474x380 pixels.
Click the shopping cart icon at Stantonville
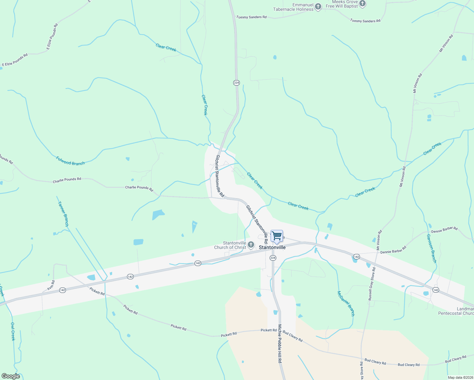pyautogui.click(x=277, y=236)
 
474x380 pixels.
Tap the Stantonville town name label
pyautogui.click(x=272, y=247)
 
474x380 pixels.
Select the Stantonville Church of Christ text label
pyautogui.click(x=230, y=245)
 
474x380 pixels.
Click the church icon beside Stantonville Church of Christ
pyautogui.click(x=251, y=244)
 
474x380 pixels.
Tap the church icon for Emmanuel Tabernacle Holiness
pyautogui.click(x=318, y=7)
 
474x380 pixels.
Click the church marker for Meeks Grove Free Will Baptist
pyautogui.click(x=362, y=4)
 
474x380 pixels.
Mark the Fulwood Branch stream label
pyautogui.click(x=70, y=161)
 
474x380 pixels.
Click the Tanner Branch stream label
pyautogui.click(x=63, y=214)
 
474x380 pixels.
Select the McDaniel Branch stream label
pyautogui.click(x=346, y=303)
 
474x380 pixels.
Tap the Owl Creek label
pyautogui.click(x=13, y=331)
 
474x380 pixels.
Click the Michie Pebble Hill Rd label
pyautogui.click(x=280, y=344)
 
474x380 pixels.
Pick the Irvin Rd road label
pyautogui.click(x=51, y=285)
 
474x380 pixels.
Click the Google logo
pyautogui.click(x=10, y=376)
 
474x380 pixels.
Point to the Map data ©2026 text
pyautogui.click(x=460, y=377)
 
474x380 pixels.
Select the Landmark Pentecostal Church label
pyautogui.click(x=456, y=311)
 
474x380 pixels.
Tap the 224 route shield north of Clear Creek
pyautogui.click(x=236, y=83)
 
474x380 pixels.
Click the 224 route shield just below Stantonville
pyautogui.click(x=273, y=258)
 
